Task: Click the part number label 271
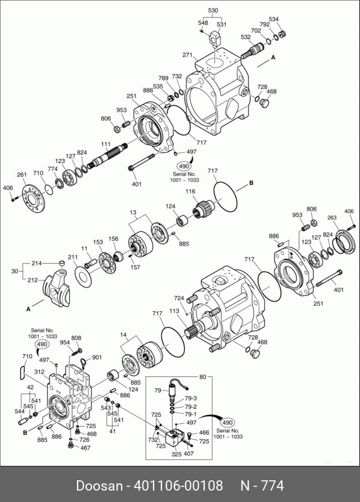(187, 55)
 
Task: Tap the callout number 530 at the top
(213, 10)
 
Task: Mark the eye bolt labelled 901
(84, 362)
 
